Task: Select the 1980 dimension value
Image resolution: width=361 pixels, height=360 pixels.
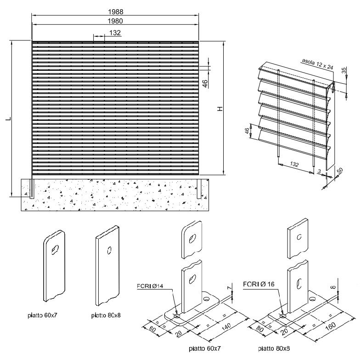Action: pos(115,21)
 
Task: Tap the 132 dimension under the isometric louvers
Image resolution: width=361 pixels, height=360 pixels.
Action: pos(296,164)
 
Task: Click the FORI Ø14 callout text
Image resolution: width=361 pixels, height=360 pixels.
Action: pos(150,286)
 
